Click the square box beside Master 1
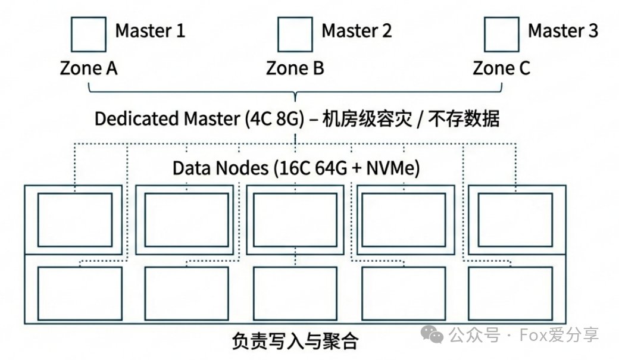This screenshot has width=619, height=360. [x=88, y=34]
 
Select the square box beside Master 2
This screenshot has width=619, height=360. [x=295, y=34]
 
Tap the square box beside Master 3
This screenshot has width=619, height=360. [x=501, y=34]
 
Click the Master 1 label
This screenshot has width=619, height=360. [x=150, y=30]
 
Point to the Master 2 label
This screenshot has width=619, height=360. [x=357, y=30]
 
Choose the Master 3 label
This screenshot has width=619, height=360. [x=563, y=30]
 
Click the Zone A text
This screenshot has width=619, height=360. [x=89, y=68]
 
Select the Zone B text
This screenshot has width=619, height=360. [x=295, y=68]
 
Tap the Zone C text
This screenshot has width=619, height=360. [x=501, y=68]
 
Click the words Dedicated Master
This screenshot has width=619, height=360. [x=167, y=118]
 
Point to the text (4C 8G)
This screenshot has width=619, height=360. [x=275, y=118]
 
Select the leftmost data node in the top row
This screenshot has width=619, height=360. [x=74, y=220]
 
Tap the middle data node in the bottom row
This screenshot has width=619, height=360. [x=295, y=293]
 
